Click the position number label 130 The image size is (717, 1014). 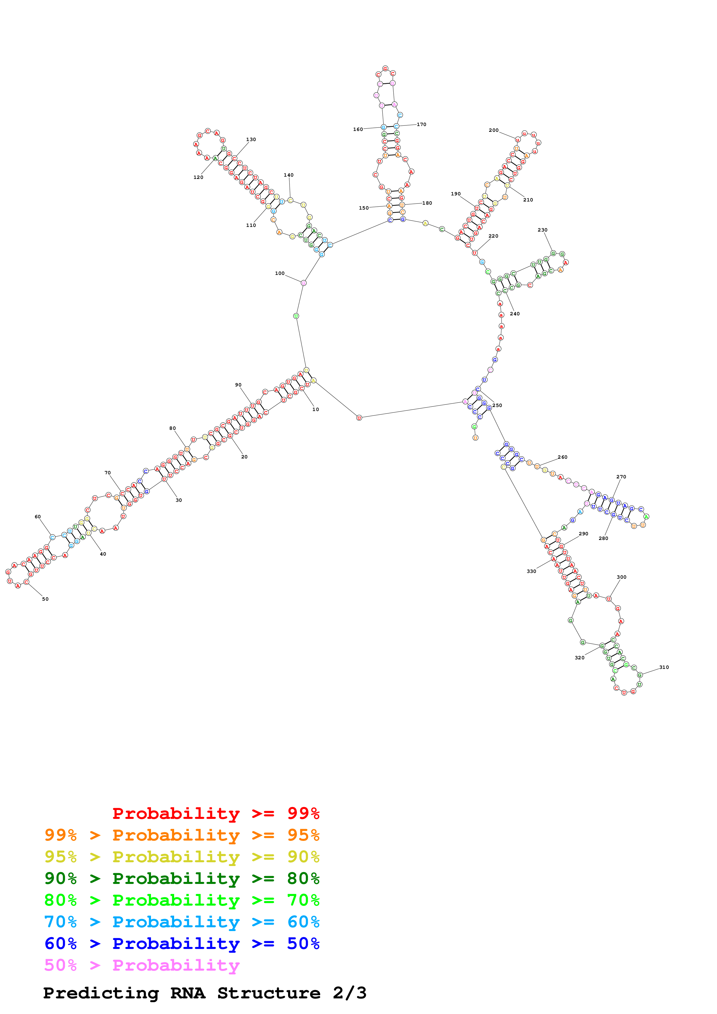251,140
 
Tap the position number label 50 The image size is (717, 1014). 45,599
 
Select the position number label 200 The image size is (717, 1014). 493,130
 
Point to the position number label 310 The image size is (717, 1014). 664,667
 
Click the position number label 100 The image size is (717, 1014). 280,273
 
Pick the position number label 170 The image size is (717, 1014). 421,125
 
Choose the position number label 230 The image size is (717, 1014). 543,230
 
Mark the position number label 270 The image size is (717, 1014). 621,477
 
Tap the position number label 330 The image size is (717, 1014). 531,571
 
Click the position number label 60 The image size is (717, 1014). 38,517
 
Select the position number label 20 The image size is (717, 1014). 244,457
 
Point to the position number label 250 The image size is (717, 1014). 497,406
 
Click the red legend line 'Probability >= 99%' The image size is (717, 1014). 215,813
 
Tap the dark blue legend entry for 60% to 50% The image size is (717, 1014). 182,943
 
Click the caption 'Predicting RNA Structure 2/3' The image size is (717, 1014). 204,993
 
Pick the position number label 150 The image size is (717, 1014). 364,208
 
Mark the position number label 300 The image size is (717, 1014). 622,577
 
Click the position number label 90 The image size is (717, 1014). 238,385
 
